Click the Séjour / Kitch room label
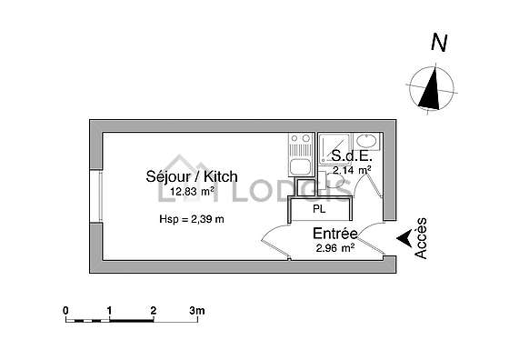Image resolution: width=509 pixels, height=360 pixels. click(192, 176)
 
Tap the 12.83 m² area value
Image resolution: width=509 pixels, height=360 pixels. click(192, 192)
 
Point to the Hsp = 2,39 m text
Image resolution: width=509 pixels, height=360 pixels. click(192, 219)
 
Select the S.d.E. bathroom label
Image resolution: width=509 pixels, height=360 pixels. click(351, 156)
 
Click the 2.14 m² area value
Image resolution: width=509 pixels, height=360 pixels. click(352, 170)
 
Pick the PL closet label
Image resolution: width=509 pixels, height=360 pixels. click(319, 209)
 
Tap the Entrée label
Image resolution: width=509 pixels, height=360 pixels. click(335, 234)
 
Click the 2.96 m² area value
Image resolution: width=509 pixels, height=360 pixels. click(335, 248)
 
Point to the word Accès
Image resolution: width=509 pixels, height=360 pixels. click(421, 238)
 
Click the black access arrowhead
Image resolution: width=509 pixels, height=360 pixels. click(404, 238)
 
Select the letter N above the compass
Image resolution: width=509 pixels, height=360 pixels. click(439, 43)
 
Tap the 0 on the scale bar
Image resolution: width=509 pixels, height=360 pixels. click(65, 311)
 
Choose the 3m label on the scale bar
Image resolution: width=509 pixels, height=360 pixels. click(197, 311)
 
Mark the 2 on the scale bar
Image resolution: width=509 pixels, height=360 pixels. click(154, 311)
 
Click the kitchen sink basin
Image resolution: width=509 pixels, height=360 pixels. click(301, 167)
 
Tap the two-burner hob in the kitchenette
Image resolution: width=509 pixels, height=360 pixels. click(301, 138)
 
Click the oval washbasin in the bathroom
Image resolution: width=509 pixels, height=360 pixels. click(366, 142)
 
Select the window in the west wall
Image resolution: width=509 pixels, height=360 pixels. click(96, 196)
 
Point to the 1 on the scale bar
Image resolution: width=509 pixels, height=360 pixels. click(109, 311)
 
